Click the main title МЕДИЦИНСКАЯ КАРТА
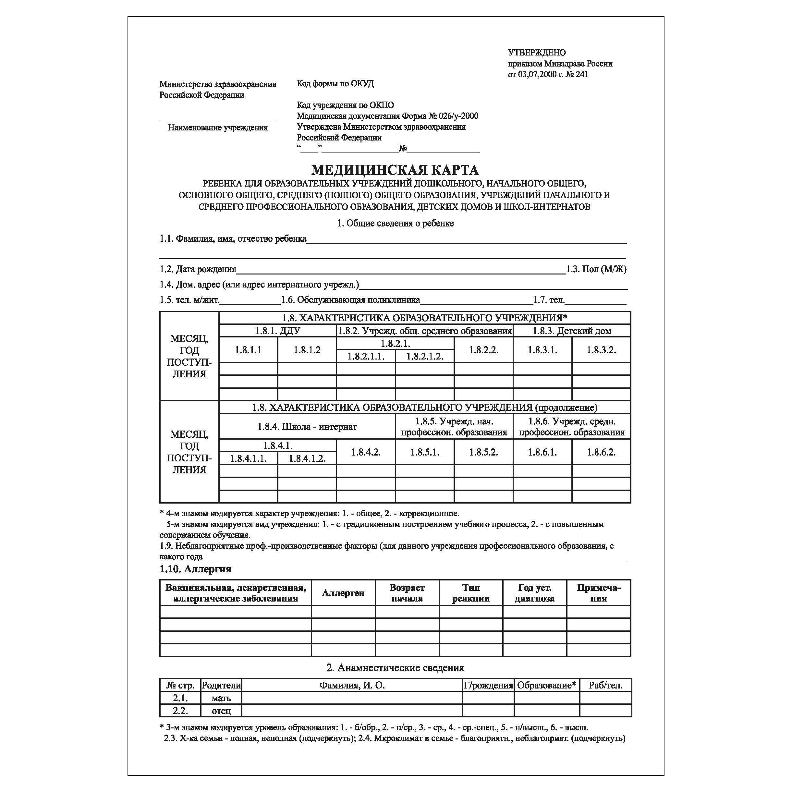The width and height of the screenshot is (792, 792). [395, 170]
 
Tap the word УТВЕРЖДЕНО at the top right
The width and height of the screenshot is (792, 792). [537, 53]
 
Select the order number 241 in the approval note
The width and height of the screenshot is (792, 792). [582, 74]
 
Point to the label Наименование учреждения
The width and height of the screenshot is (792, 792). [218, 128]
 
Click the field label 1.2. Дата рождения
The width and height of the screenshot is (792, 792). [198, 269]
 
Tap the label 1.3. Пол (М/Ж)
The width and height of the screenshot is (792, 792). [596, 269]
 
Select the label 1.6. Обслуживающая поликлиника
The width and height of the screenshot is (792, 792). [350, 300]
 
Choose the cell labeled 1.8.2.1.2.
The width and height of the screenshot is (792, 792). [425, 356]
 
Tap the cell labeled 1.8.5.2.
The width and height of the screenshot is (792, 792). [483, 452]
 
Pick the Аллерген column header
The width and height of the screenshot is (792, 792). [343, 593]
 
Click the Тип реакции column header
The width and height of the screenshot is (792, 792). [470, 593]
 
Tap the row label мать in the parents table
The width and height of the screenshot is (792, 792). [221, 698]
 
